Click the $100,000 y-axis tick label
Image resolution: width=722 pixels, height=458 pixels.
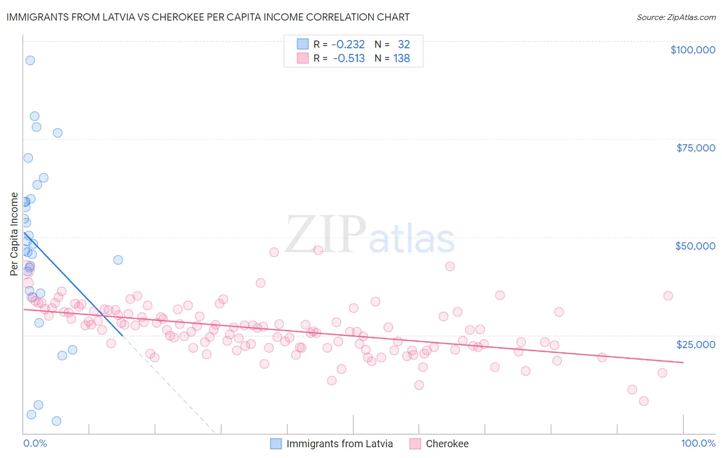[x=693, y=50]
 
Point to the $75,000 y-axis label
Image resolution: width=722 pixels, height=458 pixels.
[x=696, y=148]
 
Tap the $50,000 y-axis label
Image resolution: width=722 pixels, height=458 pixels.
[x=695, y=246]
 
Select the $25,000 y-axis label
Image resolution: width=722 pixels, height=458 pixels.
[x=696, y=345]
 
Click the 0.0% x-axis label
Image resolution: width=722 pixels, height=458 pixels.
[x=35, y=443]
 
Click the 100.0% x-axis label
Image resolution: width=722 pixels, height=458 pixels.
[x=698, y=443]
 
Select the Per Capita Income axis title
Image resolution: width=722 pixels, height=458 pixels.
[x=14, y=234]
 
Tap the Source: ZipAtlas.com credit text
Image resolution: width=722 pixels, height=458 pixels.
[x=676, y=17]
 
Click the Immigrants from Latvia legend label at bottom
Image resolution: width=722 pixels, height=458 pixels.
[x=339, y=444]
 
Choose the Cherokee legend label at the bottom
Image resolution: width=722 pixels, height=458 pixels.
[x=447, y=444]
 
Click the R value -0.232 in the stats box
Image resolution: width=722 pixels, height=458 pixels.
[x=348, y=45]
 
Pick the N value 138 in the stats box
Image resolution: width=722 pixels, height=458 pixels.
[x=402, y=59]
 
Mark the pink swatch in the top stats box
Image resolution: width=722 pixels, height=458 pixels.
[x=303, y=59]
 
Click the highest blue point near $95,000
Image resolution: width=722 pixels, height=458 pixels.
[x=30, y=60]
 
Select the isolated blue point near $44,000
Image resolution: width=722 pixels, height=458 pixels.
[x=118, y=260]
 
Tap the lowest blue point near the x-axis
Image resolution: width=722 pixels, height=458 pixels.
[x=56, y=421]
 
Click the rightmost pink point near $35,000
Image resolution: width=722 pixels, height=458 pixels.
[x=668, y=296]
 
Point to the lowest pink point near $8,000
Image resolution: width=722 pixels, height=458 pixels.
[x=644, y=401]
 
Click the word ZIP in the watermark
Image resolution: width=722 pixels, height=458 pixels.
[x=326, y=234]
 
